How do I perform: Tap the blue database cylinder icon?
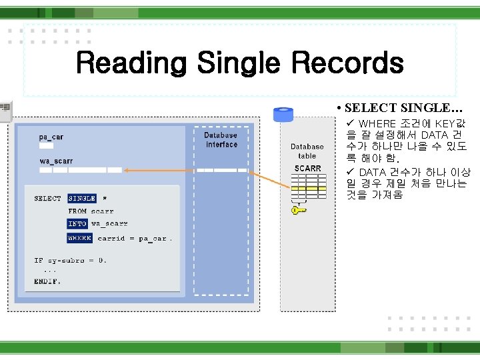283,115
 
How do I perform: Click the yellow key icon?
299,210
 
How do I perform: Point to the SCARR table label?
307,168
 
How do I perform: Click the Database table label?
307,151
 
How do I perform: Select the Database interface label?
221,140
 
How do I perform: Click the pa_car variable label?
51,137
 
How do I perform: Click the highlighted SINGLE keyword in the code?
81,199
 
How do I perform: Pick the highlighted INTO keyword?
77,224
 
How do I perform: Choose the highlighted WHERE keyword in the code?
79,238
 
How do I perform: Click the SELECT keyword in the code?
47,199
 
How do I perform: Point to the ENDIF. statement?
47,281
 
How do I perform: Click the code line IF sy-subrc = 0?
70,261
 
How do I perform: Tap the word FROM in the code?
77,211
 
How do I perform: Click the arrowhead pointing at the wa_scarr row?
127,171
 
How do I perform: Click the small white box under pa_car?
45,145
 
